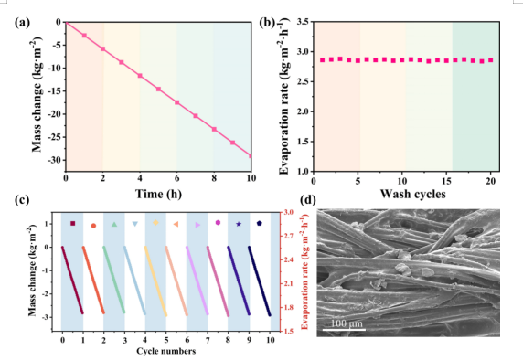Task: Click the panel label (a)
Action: point(22,23)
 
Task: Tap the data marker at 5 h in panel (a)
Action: point(158,89)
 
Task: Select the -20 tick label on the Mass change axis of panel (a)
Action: point(54,114)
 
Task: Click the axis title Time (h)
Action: point(158,194)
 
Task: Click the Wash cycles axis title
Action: point(413,194)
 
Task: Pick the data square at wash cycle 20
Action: point(491,60)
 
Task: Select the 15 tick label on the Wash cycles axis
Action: point(446,181)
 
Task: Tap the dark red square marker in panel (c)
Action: point(73,223)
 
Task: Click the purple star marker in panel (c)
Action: point(239,224)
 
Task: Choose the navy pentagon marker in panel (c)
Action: point(260,223)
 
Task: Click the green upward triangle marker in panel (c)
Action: point(114,225)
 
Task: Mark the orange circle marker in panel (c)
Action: point(94,226)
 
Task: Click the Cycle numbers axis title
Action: point(166,351)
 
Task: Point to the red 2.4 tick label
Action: point(289,259)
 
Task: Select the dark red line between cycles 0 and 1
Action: point(72,280)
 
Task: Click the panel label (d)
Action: point(307,200)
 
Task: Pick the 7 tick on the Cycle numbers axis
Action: point(208,340)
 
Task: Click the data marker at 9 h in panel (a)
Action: point(232,143)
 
